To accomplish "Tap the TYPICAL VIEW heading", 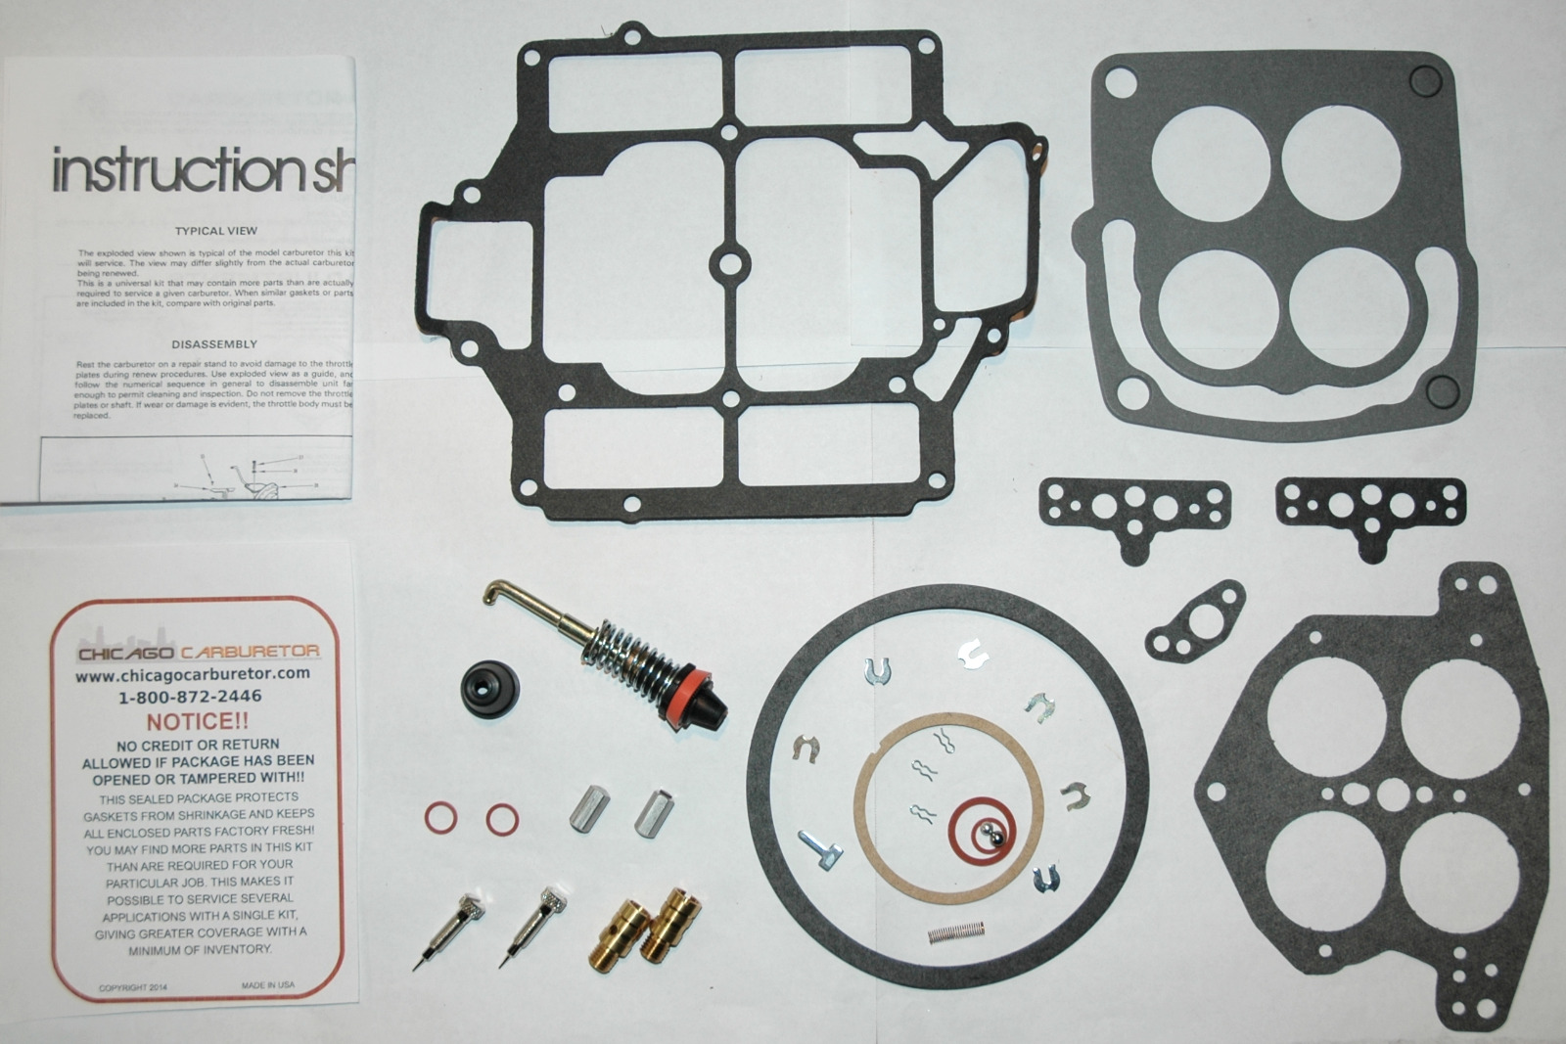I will [x=215, y=231].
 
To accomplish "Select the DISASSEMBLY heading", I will [x=214, y=344].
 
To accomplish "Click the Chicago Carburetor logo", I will [x=199, y=652].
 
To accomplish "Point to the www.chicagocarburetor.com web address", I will [x=193, y=674].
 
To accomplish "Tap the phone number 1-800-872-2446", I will [x=190, y=697].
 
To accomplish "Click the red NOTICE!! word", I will [x=198, y=722].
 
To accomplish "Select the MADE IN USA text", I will [x=267, y=985].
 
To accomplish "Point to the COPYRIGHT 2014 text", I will [x=133, y=987].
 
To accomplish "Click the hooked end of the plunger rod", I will [x=495, y=592].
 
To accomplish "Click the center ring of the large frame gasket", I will [x=729, y=263].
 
